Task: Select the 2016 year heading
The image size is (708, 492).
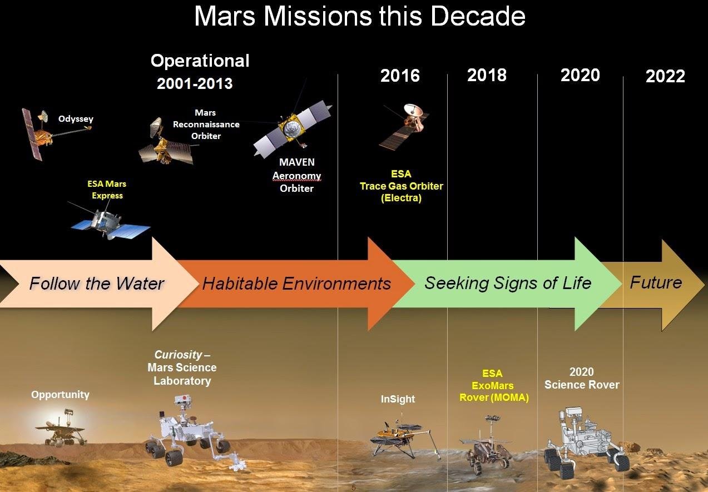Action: [x=400, y=76]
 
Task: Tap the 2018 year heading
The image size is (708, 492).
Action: [x=487, y=75]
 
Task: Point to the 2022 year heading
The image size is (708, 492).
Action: [x=665, y=77]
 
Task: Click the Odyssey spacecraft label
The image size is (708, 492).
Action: [x=76, y=119]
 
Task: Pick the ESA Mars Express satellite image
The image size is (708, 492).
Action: [x=110, y=223]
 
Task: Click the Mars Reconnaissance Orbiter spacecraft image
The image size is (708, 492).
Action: [x=165, y=143]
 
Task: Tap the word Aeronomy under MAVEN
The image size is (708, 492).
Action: [x=296, y=176]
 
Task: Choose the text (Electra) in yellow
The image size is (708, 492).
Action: [x=401, y=198]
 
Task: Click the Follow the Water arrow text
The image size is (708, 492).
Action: [x=96, y=284]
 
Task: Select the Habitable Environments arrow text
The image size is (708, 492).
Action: [x=296, y=284]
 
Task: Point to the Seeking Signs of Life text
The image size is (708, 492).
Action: [x=508, y=283]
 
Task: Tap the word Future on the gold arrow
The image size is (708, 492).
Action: [x=656, y=282]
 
